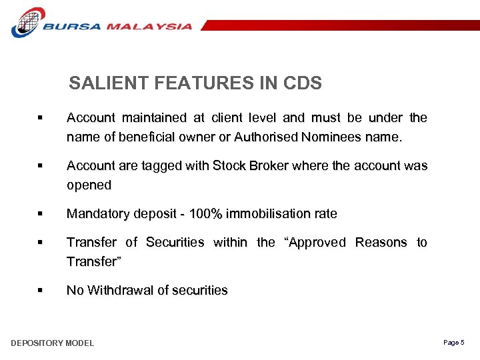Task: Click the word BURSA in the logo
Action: pos(71,27)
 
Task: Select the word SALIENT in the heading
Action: pos(109,83)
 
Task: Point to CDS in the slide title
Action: pos(302,83)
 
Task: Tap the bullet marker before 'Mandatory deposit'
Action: pos(41,214)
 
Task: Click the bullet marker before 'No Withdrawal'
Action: pos(41,291)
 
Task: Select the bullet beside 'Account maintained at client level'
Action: pos(41,118)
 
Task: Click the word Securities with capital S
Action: pos(175,243)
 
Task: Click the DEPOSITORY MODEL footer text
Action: pos(53,343)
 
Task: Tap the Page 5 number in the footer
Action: pos(453,343)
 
